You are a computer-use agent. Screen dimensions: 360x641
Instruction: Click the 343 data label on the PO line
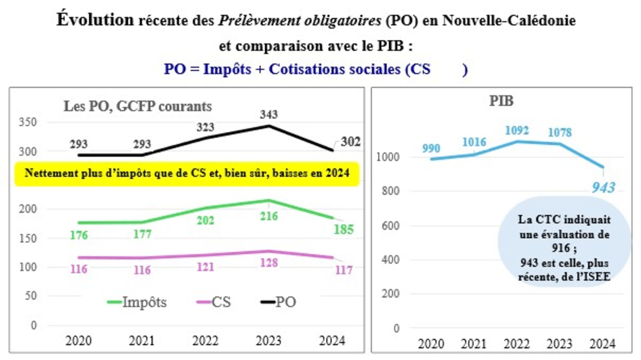[x=269, y=114]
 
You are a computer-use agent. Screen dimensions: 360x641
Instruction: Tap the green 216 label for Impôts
[x=269, y=216]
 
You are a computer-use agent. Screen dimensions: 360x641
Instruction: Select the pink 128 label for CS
[x=269, y=263]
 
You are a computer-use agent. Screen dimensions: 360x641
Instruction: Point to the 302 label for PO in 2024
[x=351, y=142]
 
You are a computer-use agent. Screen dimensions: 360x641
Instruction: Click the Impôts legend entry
[x=137, y=302]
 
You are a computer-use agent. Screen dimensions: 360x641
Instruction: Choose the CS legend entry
[x=214, y=302]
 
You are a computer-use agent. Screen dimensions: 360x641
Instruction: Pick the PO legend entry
[x=279, y=302]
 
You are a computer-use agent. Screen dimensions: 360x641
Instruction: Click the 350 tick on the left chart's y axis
[x=28, y=122]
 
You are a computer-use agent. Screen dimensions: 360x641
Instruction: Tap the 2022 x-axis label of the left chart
[x=205, y=340]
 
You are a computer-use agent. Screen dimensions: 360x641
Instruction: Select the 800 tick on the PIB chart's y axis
[x=390, y=191]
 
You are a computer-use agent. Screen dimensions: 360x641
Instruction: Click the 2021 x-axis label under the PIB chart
[x=474, y=344]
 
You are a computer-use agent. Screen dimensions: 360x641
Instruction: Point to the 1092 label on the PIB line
[x=517, y=130]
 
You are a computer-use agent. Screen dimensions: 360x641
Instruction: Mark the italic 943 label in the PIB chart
[x=603, y=187]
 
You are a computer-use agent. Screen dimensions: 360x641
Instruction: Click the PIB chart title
[x=501, y=101]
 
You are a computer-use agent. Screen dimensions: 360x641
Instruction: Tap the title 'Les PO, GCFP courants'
[x=138, y=106]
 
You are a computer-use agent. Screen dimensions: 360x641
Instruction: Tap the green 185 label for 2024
[x=344, y=230]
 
